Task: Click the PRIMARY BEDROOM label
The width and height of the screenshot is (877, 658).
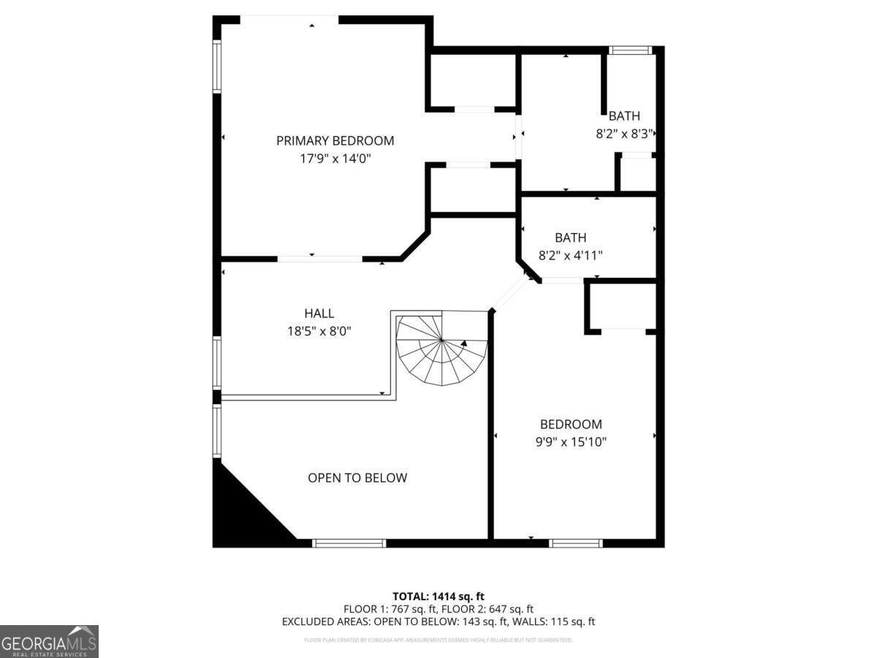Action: (335, 140)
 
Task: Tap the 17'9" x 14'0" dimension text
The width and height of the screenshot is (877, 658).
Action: (335, 158)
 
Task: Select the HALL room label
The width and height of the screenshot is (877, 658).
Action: (319, 314)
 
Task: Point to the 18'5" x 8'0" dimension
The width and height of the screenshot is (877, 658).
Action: (319, 331)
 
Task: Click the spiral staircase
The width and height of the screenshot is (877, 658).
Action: (441, 349)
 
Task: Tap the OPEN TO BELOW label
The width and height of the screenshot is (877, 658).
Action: (357, 478)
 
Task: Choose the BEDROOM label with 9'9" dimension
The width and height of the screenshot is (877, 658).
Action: (571, 424)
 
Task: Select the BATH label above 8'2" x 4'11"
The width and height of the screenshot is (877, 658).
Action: (570, 238)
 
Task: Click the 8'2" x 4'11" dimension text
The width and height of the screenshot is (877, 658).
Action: (570, 255)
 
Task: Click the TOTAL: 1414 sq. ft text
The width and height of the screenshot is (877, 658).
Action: (438, 596)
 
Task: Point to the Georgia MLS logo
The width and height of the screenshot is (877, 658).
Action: (49, 641)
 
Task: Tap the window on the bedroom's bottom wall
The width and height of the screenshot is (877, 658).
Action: (576, 542)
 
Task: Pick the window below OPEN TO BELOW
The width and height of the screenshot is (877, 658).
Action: (349, 542)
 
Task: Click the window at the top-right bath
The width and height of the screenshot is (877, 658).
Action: (630, 50)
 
